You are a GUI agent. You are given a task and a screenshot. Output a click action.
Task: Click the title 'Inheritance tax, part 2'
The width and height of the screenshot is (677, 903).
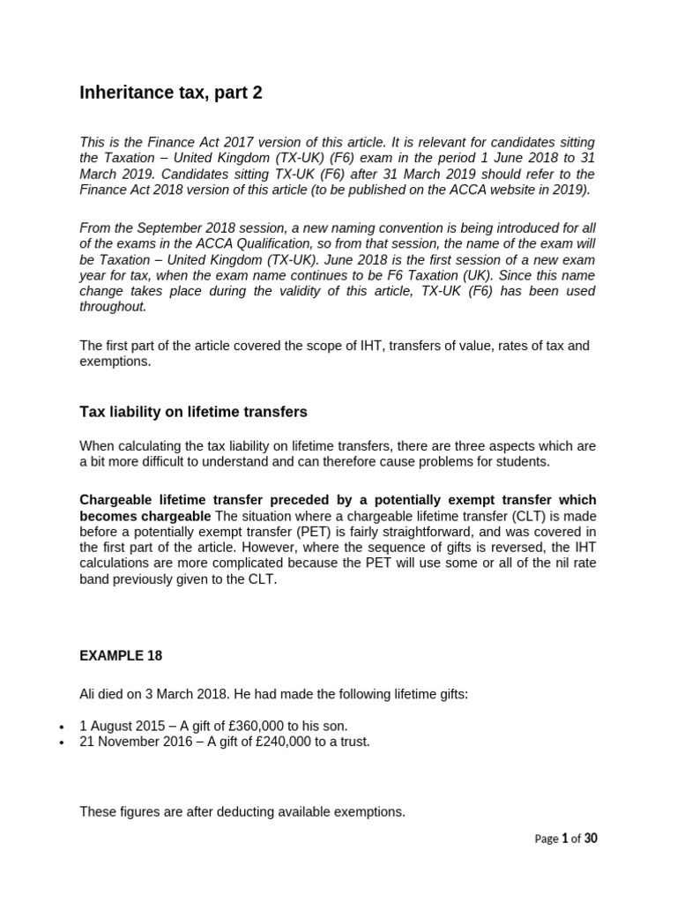170,93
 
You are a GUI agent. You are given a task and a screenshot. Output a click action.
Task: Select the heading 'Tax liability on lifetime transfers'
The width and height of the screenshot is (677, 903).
193,412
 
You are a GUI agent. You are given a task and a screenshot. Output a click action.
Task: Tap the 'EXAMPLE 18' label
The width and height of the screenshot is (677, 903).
121,656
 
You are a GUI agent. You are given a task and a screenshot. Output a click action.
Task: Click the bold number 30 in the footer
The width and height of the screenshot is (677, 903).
590,839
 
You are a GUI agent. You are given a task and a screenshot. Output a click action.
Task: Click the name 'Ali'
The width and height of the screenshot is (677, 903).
90,694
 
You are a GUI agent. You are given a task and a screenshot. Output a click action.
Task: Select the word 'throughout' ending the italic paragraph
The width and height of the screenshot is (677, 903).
113,307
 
